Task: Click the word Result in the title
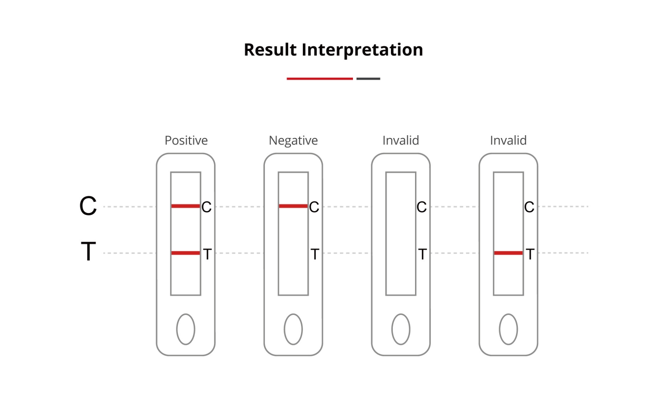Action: tap(270, 50)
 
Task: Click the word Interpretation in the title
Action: tap(362, 50)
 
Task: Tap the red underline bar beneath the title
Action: tap(320, 79)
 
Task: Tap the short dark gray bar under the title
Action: tap(368, 79)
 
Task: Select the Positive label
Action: tap(186, 140)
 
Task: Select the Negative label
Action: tap(293, 140)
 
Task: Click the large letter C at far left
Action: tap(88, 206)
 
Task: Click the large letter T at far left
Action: tap(88, 251)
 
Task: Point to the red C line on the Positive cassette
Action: tap(185, 206)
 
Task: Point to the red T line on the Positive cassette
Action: tap(185, 253)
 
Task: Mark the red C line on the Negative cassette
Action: tap(293, 206)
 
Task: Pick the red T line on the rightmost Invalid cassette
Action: tap(508, 253)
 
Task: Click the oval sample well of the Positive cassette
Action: tap(185, 329)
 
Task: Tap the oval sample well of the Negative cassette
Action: tap(293, 329)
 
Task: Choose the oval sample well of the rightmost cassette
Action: tap(508, 329)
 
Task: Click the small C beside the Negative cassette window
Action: tap(314, 207)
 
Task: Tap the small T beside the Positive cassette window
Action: tap(208, 254)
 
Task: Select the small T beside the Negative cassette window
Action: tap(315, 254)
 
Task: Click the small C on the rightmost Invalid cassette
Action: tap(529, 207)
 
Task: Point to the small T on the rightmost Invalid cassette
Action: tap(530, 254)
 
